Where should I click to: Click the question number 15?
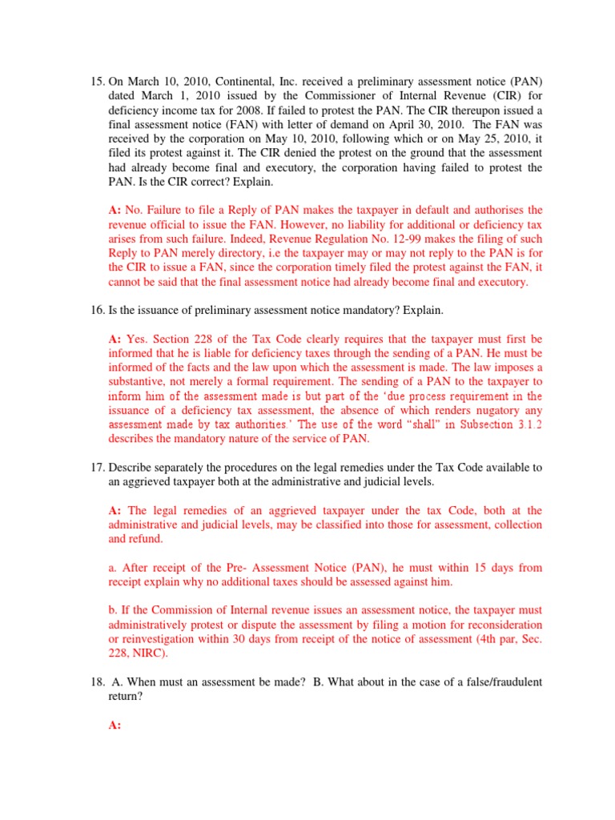click(94, 81)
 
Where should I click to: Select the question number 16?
click(94, 308)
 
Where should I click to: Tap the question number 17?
click(94, 468)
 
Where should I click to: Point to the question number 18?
click(94, 681)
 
